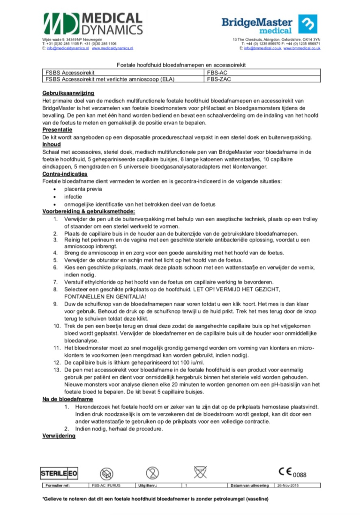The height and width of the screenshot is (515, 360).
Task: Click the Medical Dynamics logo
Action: point(93,23)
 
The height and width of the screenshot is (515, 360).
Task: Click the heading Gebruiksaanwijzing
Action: point(68,93)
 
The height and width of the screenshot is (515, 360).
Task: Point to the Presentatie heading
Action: point(57,129)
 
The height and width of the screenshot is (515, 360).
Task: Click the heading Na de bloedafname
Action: point(67,399)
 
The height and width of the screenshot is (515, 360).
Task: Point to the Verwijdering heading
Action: point(59,436)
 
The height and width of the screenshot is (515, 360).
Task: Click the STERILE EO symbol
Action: point(59,472)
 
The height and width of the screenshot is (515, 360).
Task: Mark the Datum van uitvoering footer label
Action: point(249,485)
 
